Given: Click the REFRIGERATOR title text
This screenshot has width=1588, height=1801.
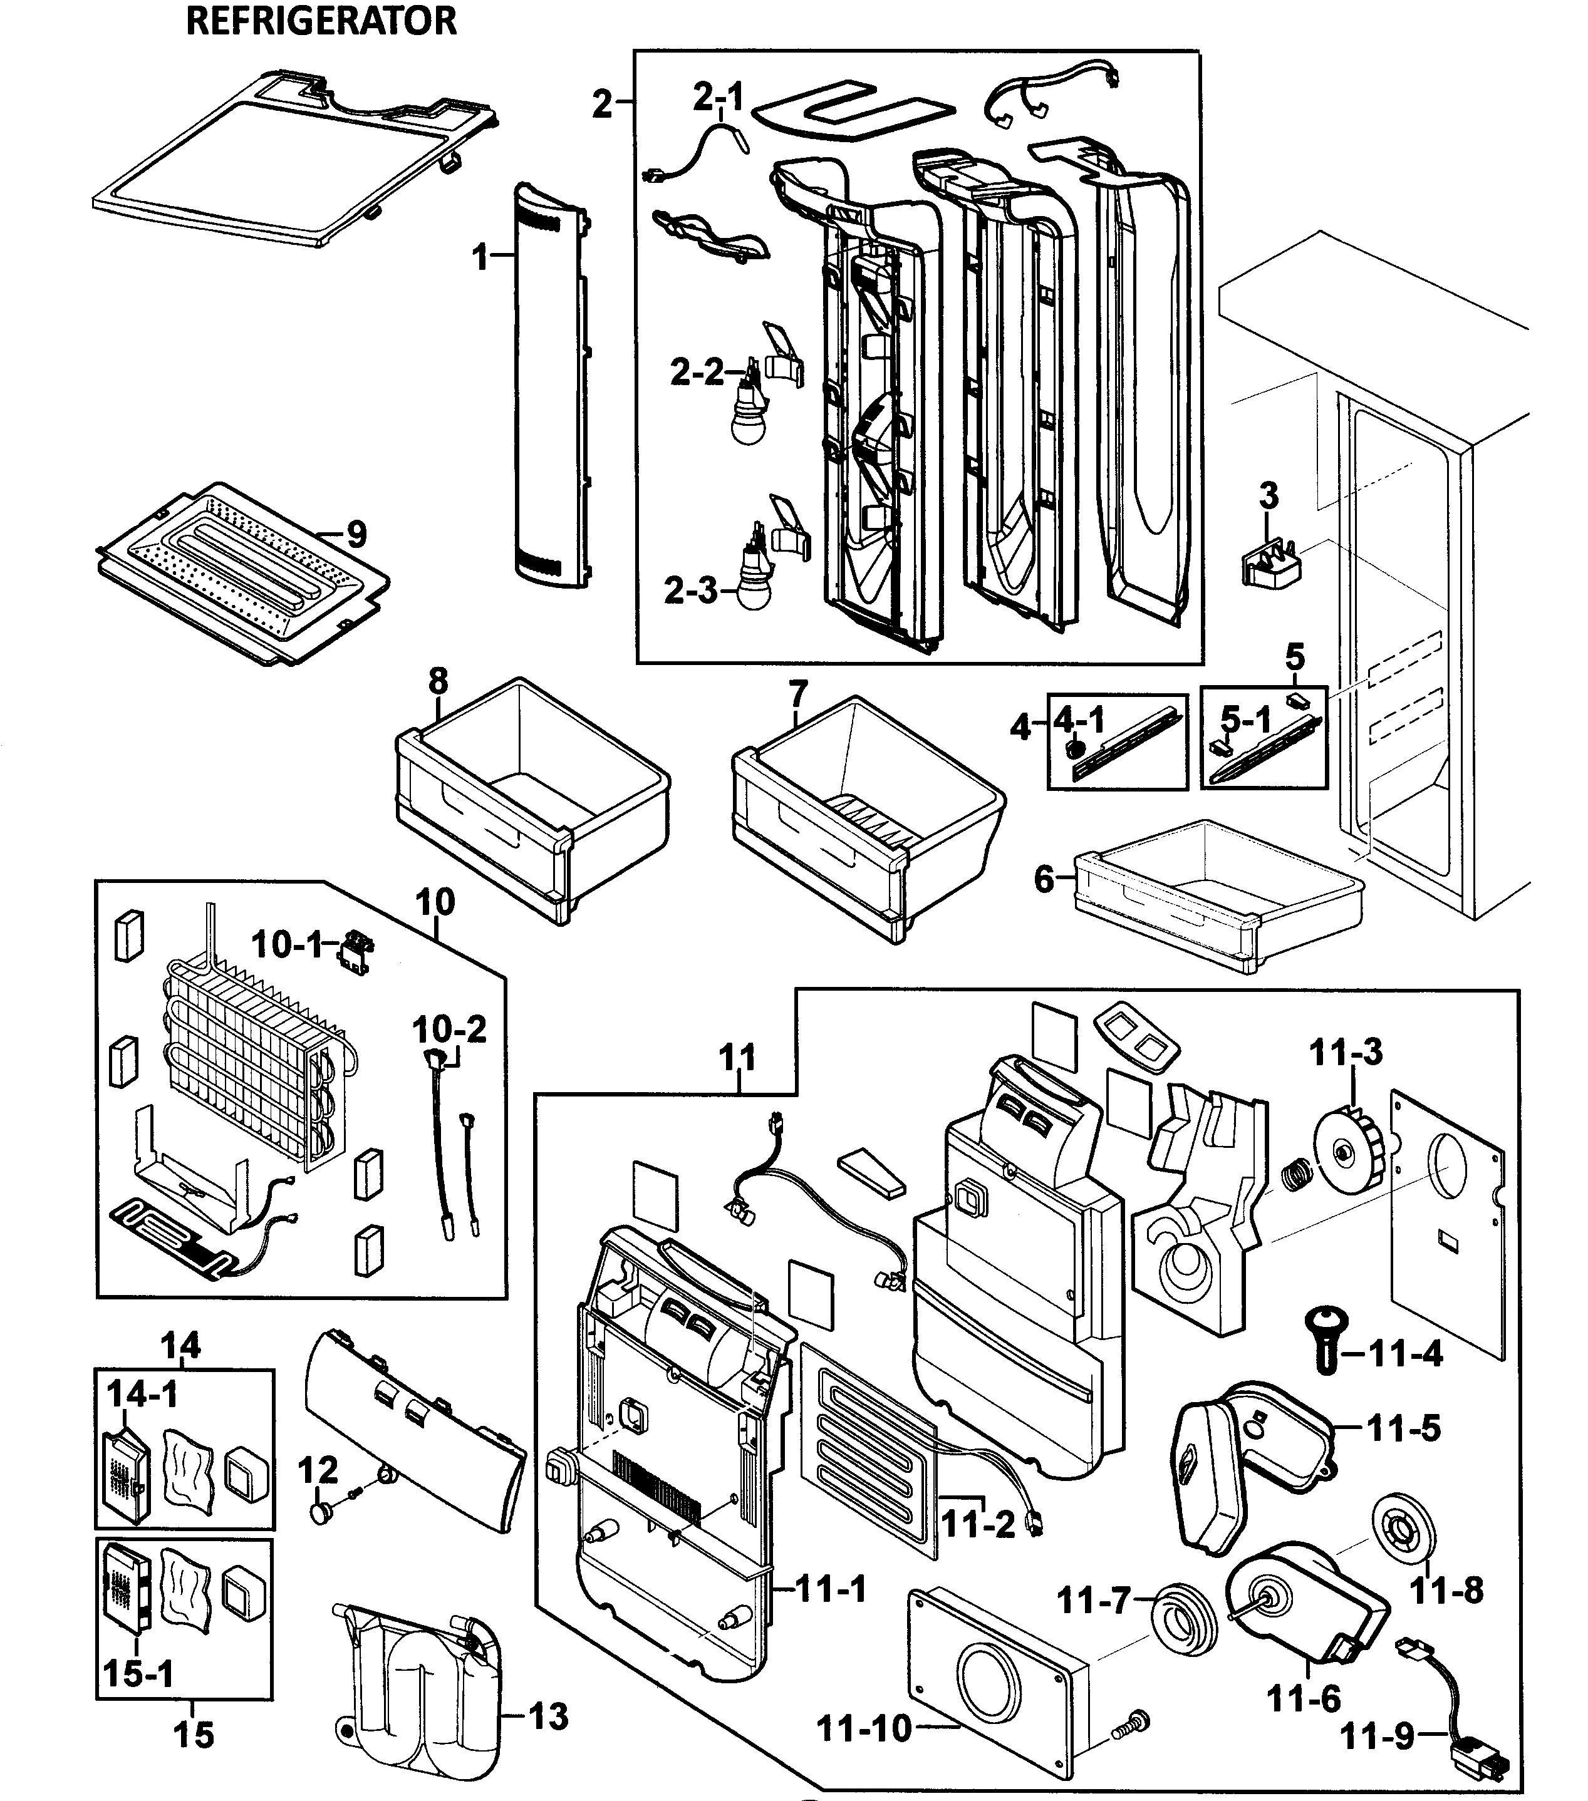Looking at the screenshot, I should pyautogui.click(x=321, y=21).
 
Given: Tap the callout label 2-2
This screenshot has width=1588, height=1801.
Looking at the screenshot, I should pyautogui.click(x=695, y=373).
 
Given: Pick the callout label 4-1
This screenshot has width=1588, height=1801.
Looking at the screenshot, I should pyautogui.click(x=1079, y=721).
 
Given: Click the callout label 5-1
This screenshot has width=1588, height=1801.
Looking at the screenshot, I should pyautogui.click(x=1245, y=721).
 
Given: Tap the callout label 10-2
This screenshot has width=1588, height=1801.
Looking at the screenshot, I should pyautogui.click(x=449, y=1029).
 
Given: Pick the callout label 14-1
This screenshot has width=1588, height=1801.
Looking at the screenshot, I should pyautogui.click(x=142, y=1394).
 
